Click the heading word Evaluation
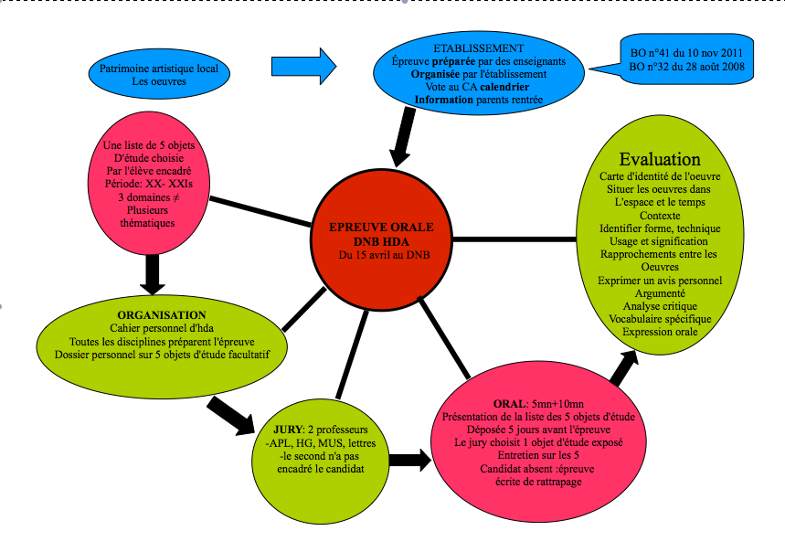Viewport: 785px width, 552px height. [660, 160]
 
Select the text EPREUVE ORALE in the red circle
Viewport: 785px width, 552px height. [381, 227]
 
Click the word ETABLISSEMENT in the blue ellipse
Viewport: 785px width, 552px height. [479, 48]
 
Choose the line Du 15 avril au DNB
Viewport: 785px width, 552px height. [381, 255]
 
